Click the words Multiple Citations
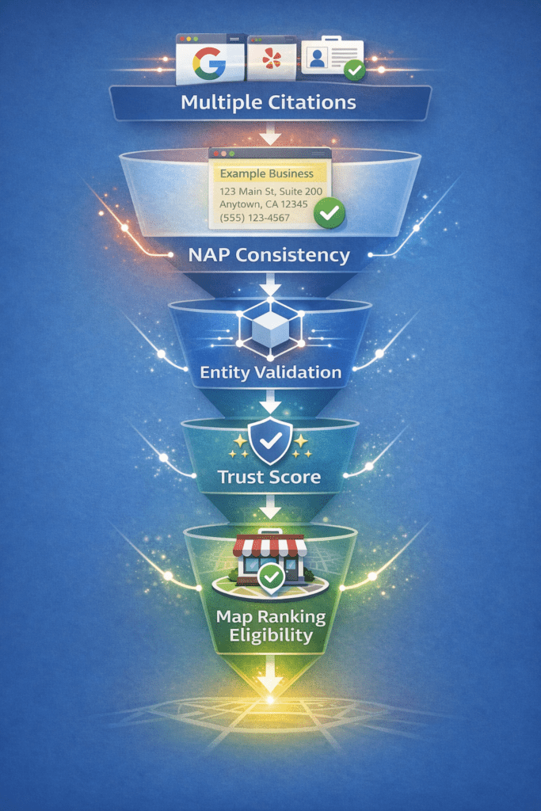tap(269, 102)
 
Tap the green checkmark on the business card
tap(329, 212)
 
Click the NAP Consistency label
tap(269, 255)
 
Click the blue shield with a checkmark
tap(270, 441)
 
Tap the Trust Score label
tap(270, 478)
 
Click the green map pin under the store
tap(271, 577)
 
